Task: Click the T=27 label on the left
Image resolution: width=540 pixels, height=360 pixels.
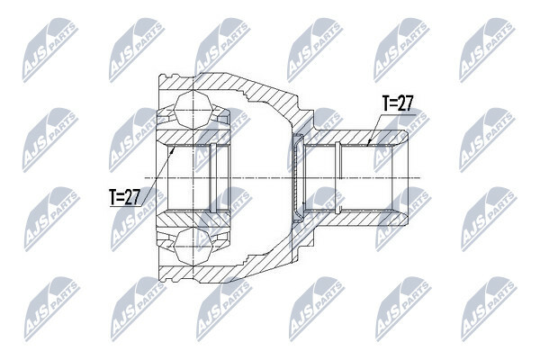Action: [124, 197]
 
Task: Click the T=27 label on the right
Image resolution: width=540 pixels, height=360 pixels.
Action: [397, 103]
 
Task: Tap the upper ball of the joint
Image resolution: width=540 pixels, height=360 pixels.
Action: [193, 110]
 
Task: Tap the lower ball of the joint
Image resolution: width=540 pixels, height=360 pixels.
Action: [193, 246]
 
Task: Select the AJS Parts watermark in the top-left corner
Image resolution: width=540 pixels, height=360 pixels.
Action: [50, 50]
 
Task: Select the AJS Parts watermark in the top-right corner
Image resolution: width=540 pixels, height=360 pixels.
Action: [487, 50]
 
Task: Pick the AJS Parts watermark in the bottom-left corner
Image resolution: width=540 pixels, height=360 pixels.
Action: [51, 309]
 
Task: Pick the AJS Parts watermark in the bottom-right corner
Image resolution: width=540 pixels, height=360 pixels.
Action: [489, 309]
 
